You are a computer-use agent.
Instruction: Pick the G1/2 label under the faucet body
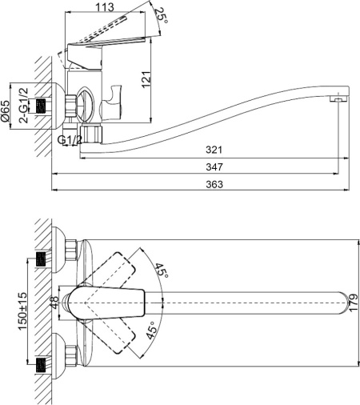[x=70, y=142]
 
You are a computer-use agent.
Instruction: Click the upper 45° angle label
[x=162, y=270]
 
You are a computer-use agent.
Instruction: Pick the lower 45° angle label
[x=153, y=331]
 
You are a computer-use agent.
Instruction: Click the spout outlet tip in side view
[x=339, y=98]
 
